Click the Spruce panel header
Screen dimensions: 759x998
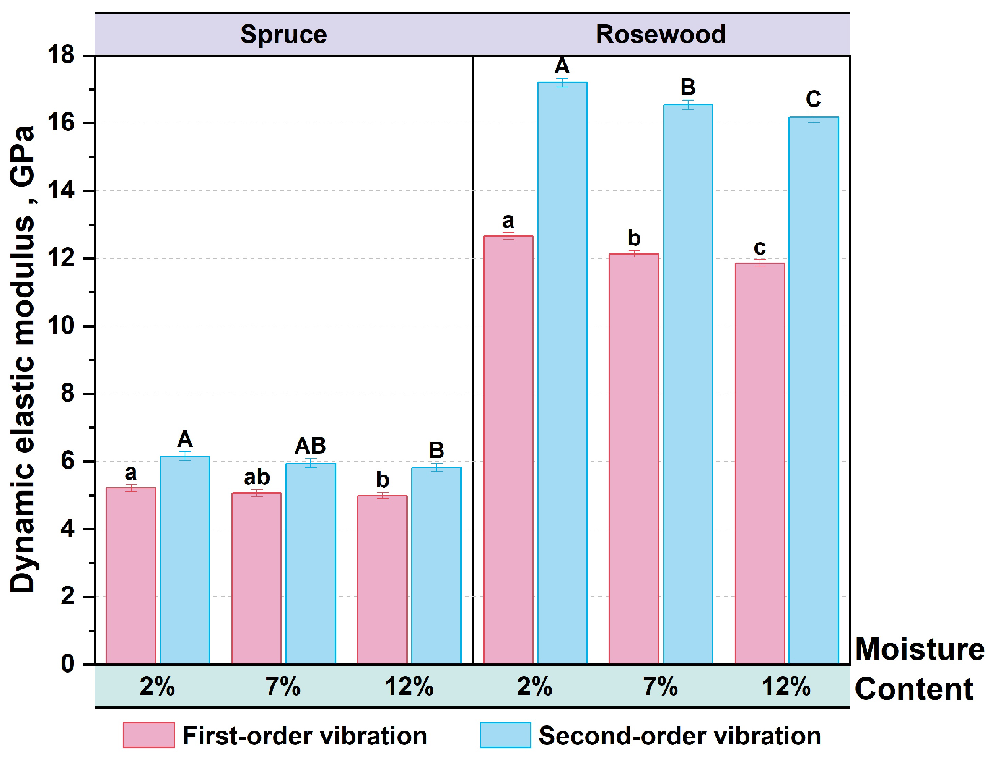pyautogui.click(x=283, y=34)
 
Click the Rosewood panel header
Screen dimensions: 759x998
pyautogui.click(x=661, y=34)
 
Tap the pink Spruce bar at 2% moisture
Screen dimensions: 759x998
pyautogui.click(x=130, y=576)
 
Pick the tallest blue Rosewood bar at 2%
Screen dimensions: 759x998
pyautogui.click(x=562, y=373)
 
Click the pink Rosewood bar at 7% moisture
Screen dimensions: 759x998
pyautogui.click(x=634, y=459)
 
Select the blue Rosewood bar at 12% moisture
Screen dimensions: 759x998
pyautogui.click(x=814, y=390)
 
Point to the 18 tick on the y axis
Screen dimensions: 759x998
pyautogui.click(x=61, y=55)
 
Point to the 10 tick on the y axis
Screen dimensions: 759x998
pyautogui.click(x=61, y=326)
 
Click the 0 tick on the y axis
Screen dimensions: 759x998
pyautogui.click(x=68, y=664)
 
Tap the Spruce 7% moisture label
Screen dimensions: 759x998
pyautogui.click(x=283, y=687)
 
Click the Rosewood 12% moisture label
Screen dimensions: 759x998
pyautogui.click(x=786, y=687)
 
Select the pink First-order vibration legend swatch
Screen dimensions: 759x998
pyautogui.click(x=148, y=736)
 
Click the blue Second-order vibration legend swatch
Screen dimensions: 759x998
pyautogui.click(x=505, y=736)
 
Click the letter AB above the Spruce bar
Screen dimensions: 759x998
pyautogui.click(x=310, y=446)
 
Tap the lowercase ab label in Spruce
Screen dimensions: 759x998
pyautogui.click(x=257, y=477)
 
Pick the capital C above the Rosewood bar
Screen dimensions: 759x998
pyautogui.click(x=814, y=99)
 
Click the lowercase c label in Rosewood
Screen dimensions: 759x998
pyautogui.click(x=760, y=248)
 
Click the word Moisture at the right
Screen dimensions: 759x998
pyautogui.click(x=920, y=649)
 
